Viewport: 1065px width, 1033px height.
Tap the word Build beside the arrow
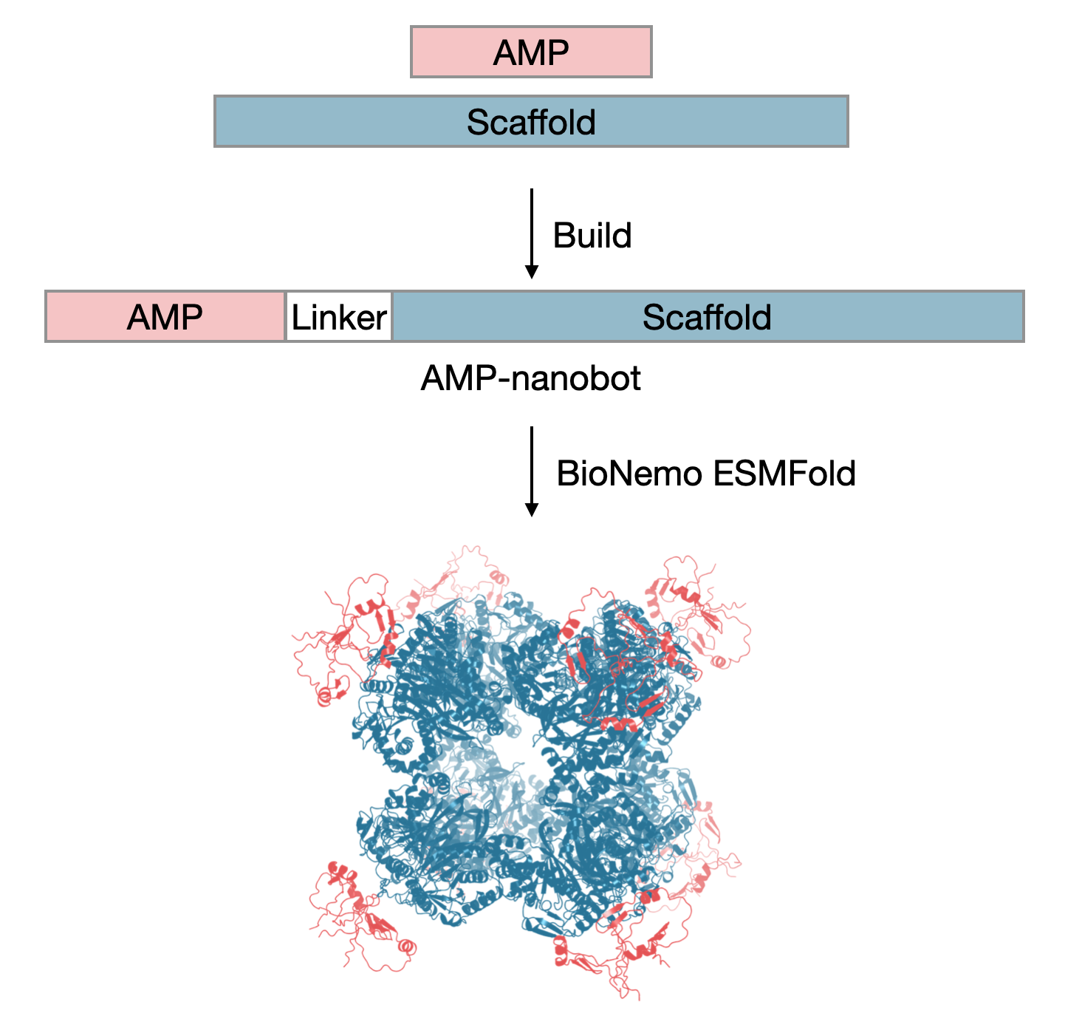pos(592,236)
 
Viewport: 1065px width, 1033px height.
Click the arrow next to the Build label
pos(531,229)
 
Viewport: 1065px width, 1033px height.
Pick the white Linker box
pos(339,317)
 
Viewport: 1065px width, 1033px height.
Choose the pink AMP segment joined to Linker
pos(165,317)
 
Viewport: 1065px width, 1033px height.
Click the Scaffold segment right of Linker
pos(707,317)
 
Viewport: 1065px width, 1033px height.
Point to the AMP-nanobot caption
pos(530,378)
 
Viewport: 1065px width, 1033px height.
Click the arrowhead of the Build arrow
pos(531,272)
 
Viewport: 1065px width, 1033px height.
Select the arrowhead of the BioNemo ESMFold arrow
pos(531,510)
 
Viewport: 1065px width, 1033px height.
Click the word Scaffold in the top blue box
pos(531,121)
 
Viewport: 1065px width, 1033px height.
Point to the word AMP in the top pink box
pos(531,52)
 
